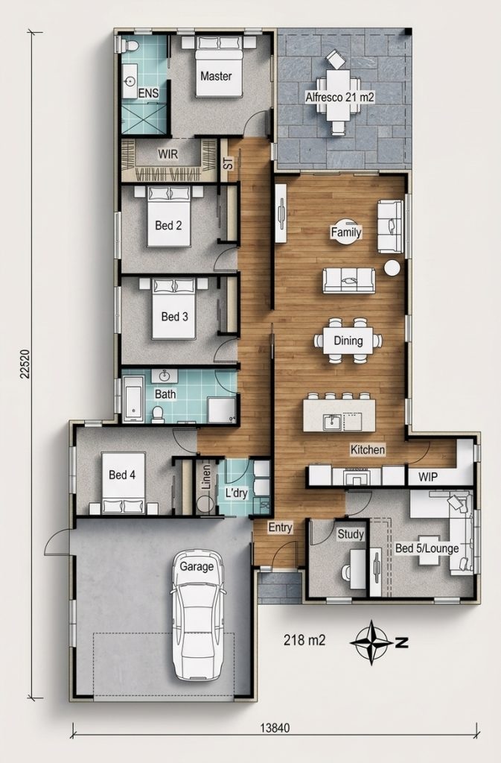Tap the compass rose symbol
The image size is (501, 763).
pyautogui.click(x=371, y=642)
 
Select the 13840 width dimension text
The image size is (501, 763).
pyautogui.click(x=275, y=728)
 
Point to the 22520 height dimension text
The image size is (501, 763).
pyautogui.click(x=26, y=364)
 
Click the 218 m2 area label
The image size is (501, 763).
pyautogui.click(x=304, y=640)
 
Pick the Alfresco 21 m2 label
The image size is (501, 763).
pyautogui.click(x=339, y=97)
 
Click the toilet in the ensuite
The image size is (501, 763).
pyautogui.click(x=130, y=45)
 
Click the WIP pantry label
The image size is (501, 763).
pyautogui.click(x=427, y=477)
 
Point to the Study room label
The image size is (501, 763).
pyautogui.click(x=351, y=534)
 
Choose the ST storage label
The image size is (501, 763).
pyautogui.click(x=227, y=163)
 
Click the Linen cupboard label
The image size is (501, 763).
pyautogui.click(x=206, y=478)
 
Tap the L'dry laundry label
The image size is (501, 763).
pyautogui.click(x=237, y=493)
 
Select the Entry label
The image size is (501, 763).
pyautogui.click(x=281, y=528)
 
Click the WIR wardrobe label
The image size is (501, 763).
pyautogui.click(x=168, y=154)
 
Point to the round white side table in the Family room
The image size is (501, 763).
pyautogui.click(x=392, y=268)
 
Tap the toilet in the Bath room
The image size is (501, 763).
pyautogui.click(x=157, y=414)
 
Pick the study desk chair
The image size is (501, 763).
pyautogui.click(x=345, y=572)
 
